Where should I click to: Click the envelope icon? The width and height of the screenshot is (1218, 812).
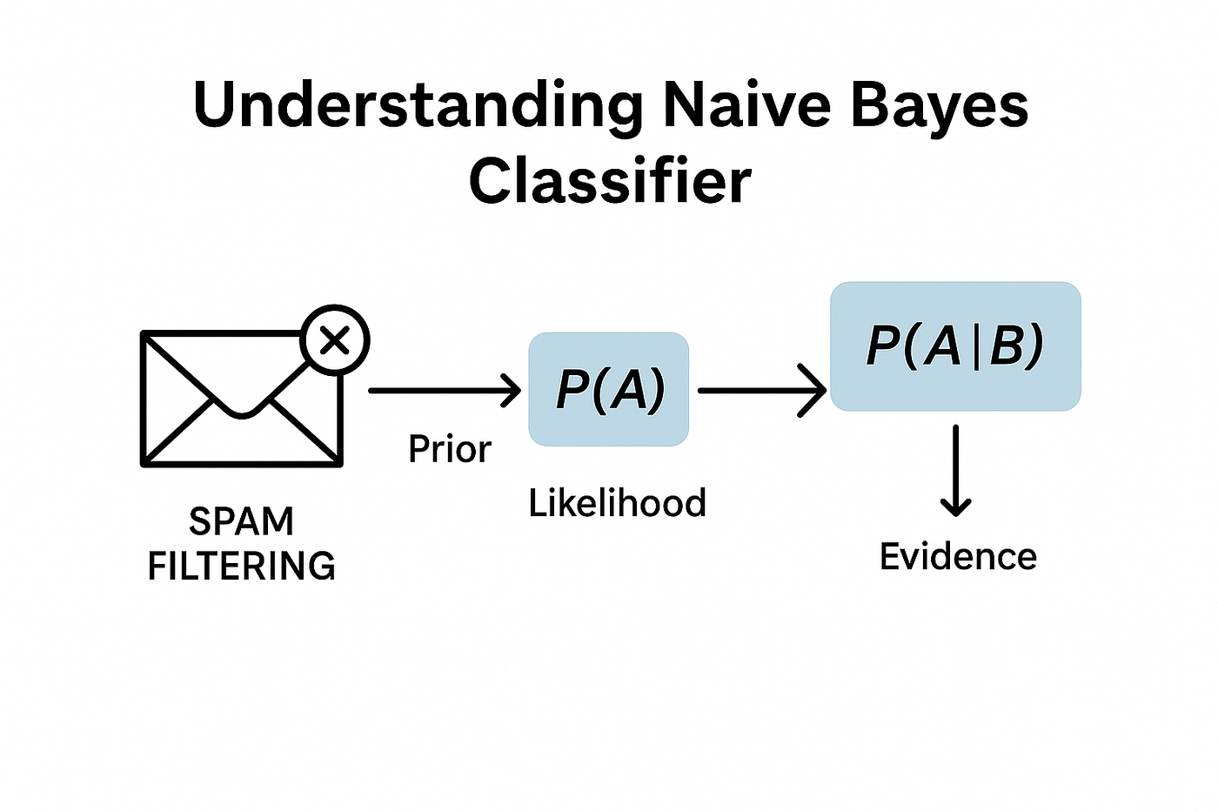pos(241,400)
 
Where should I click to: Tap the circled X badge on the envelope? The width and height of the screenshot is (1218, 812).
pos(335,340)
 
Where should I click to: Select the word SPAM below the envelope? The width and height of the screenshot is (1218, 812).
pos(241,521)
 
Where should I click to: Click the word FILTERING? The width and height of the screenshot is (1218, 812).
pos(241,566)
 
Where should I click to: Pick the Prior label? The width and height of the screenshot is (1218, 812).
pos(449,449)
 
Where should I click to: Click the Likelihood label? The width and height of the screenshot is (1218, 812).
pos(617,503)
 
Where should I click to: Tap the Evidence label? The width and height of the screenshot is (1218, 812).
pos(958,557)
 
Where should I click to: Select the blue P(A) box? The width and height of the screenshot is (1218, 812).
pos(609,389)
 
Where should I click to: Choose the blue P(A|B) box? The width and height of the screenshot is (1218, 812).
pos(955,346)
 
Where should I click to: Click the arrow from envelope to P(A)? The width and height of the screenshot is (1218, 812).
pos(444,391)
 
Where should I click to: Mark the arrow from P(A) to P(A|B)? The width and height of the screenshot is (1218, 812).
pos(761,391)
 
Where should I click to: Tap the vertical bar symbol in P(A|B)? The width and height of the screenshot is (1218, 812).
pos(974,346)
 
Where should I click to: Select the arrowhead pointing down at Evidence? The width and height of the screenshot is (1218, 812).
pos(955,505)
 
